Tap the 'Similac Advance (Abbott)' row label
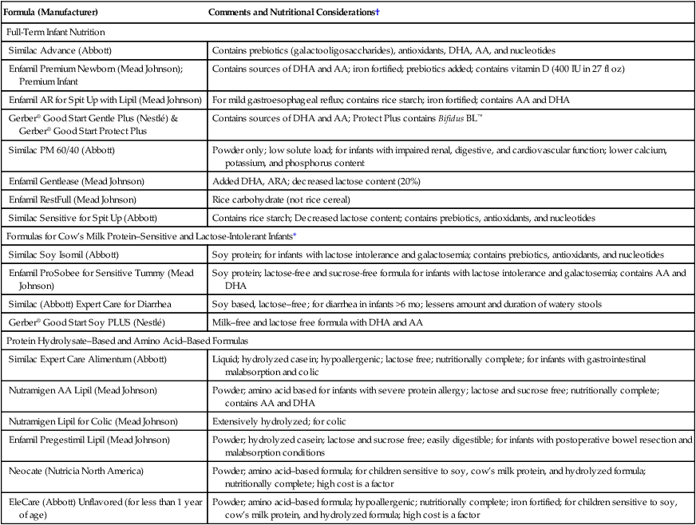point(61,50)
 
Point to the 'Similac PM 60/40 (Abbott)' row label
point(65,149)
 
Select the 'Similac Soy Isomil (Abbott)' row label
point(67,253)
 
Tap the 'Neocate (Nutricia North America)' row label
point(78,470)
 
